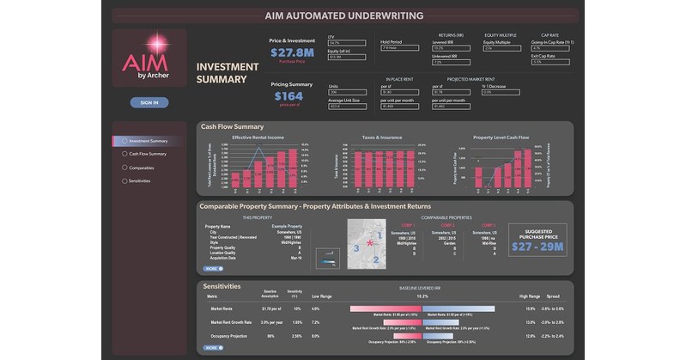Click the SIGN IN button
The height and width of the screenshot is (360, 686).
[x=149, y=102]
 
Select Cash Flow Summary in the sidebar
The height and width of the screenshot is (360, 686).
[x=147, y=154]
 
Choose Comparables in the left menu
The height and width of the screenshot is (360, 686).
[x=141, y=168]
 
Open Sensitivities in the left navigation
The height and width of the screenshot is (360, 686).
[x=140, y=180]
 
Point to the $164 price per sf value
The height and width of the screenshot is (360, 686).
[x=288, y=96]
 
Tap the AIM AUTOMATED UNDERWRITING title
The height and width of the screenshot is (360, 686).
[x=343, y=15]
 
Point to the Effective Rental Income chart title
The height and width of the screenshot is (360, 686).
[x=259, y=137]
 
